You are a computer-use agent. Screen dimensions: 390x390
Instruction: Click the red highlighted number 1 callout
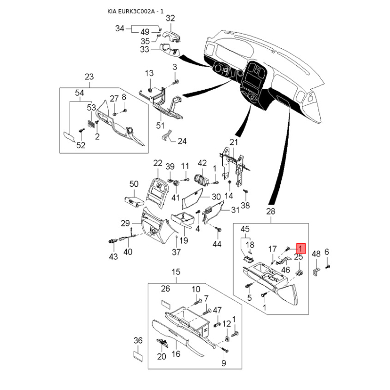point(301,249)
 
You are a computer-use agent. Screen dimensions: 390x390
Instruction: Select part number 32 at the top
point(170,18)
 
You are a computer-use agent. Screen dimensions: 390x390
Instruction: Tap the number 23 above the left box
point(89,77)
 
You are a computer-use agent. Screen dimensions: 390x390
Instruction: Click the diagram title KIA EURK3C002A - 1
point(136,11)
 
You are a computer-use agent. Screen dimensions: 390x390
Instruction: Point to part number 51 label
point(160,125)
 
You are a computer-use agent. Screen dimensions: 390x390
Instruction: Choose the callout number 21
point(234,142)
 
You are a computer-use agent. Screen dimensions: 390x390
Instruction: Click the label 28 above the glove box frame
point(271,212)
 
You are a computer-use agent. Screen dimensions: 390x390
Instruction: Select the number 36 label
point(138,340)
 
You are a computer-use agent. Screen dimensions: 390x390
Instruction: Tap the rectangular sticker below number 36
point(138,356)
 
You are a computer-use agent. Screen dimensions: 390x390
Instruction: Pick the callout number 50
point(134,184)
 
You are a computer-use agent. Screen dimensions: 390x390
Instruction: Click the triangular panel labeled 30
point(192,198)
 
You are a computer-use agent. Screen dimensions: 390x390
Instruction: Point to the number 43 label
point(113,256)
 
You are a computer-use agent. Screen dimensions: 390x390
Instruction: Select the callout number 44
point(216,244)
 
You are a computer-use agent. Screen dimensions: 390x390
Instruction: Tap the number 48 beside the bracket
point(316,254)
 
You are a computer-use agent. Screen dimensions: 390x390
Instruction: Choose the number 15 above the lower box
point(175,272)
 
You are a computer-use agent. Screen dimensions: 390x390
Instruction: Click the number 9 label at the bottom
point(224,363)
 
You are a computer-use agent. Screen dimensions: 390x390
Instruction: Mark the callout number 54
point(79,93)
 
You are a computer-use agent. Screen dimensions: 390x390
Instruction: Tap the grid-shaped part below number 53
point(91,124)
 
